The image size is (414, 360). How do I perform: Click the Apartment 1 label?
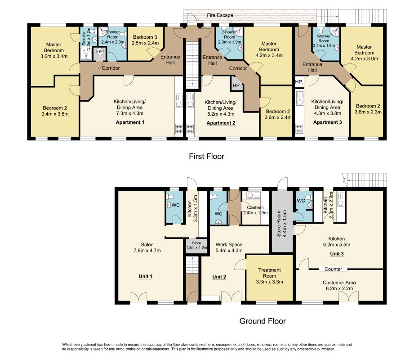130,122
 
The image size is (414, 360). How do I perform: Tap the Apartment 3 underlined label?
327,122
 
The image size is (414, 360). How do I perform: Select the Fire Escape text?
220,15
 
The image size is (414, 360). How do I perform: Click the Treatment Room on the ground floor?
269,278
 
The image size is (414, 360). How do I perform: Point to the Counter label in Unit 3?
333,269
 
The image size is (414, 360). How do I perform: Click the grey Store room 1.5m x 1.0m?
196,245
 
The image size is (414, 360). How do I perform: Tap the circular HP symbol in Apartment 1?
100,51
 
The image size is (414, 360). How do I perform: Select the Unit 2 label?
219,277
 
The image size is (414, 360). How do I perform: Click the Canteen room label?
255,207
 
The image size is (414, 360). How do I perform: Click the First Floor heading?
206,156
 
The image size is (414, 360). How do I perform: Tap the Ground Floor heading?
263,321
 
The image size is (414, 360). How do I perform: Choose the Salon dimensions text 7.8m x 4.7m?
147,250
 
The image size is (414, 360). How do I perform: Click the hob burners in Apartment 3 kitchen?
299,128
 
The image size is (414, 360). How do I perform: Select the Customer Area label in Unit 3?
339,283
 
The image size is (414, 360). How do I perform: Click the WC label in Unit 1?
176,205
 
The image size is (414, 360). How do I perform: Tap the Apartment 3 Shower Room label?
324,38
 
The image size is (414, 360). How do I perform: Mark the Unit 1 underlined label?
146,276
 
